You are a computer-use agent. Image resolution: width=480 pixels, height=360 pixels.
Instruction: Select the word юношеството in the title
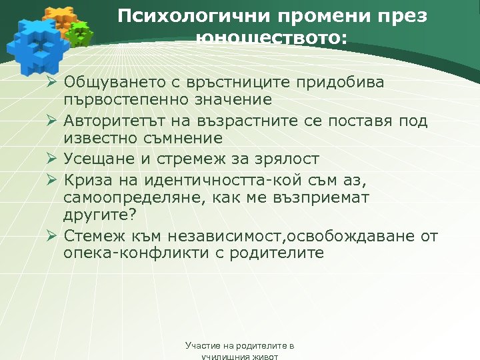(x=272, y=38)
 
